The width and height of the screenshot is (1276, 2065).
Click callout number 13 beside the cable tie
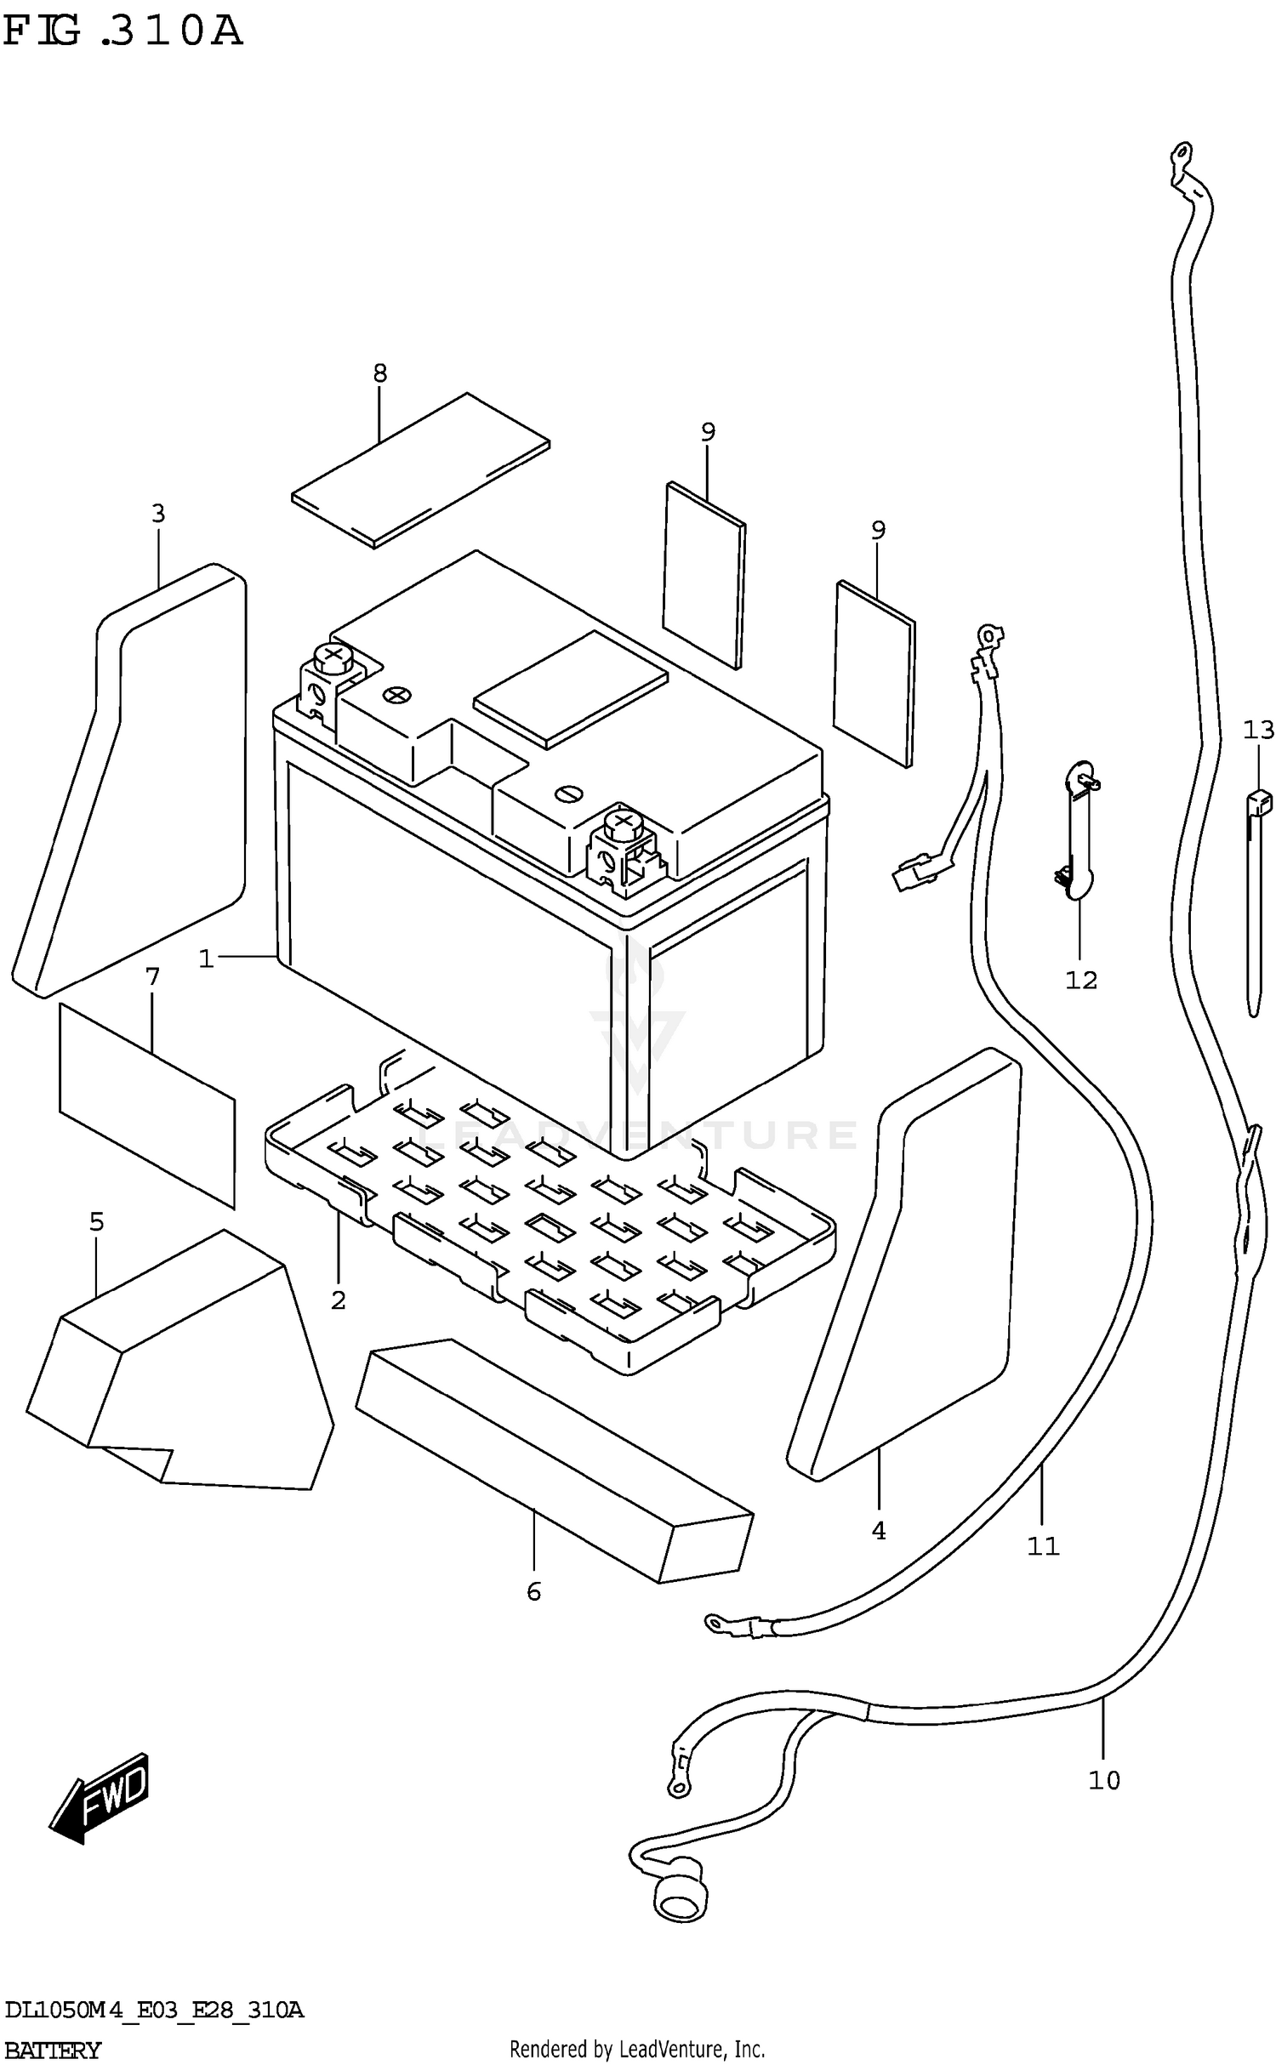[1258, 730]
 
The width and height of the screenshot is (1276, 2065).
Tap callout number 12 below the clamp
[1081, 980]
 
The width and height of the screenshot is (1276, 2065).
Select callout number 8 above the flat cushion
[379, 373]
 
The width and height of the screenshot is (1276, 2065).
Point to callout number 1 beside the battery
[205, 959]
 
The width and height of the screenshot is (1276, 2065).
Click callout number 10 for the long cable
[1103, 1780]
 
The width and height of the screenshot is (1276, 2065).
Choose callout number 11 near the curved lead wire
[1043, 1546]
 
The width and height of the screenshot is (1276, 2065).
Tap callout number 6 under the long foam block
[533, 1591]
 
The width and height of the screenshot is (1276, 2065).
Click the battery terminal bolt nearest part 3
[333, 657]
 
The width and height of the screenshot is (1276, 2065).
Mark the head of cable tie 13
[1259, 801]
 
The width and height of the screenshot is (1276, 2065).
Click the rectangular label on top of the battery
[571, 688]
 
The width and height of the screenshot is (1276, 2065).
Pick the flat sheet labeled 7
[146, 1105]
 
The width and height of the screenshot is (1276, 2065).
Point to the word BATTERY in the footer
[53, 2051]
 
